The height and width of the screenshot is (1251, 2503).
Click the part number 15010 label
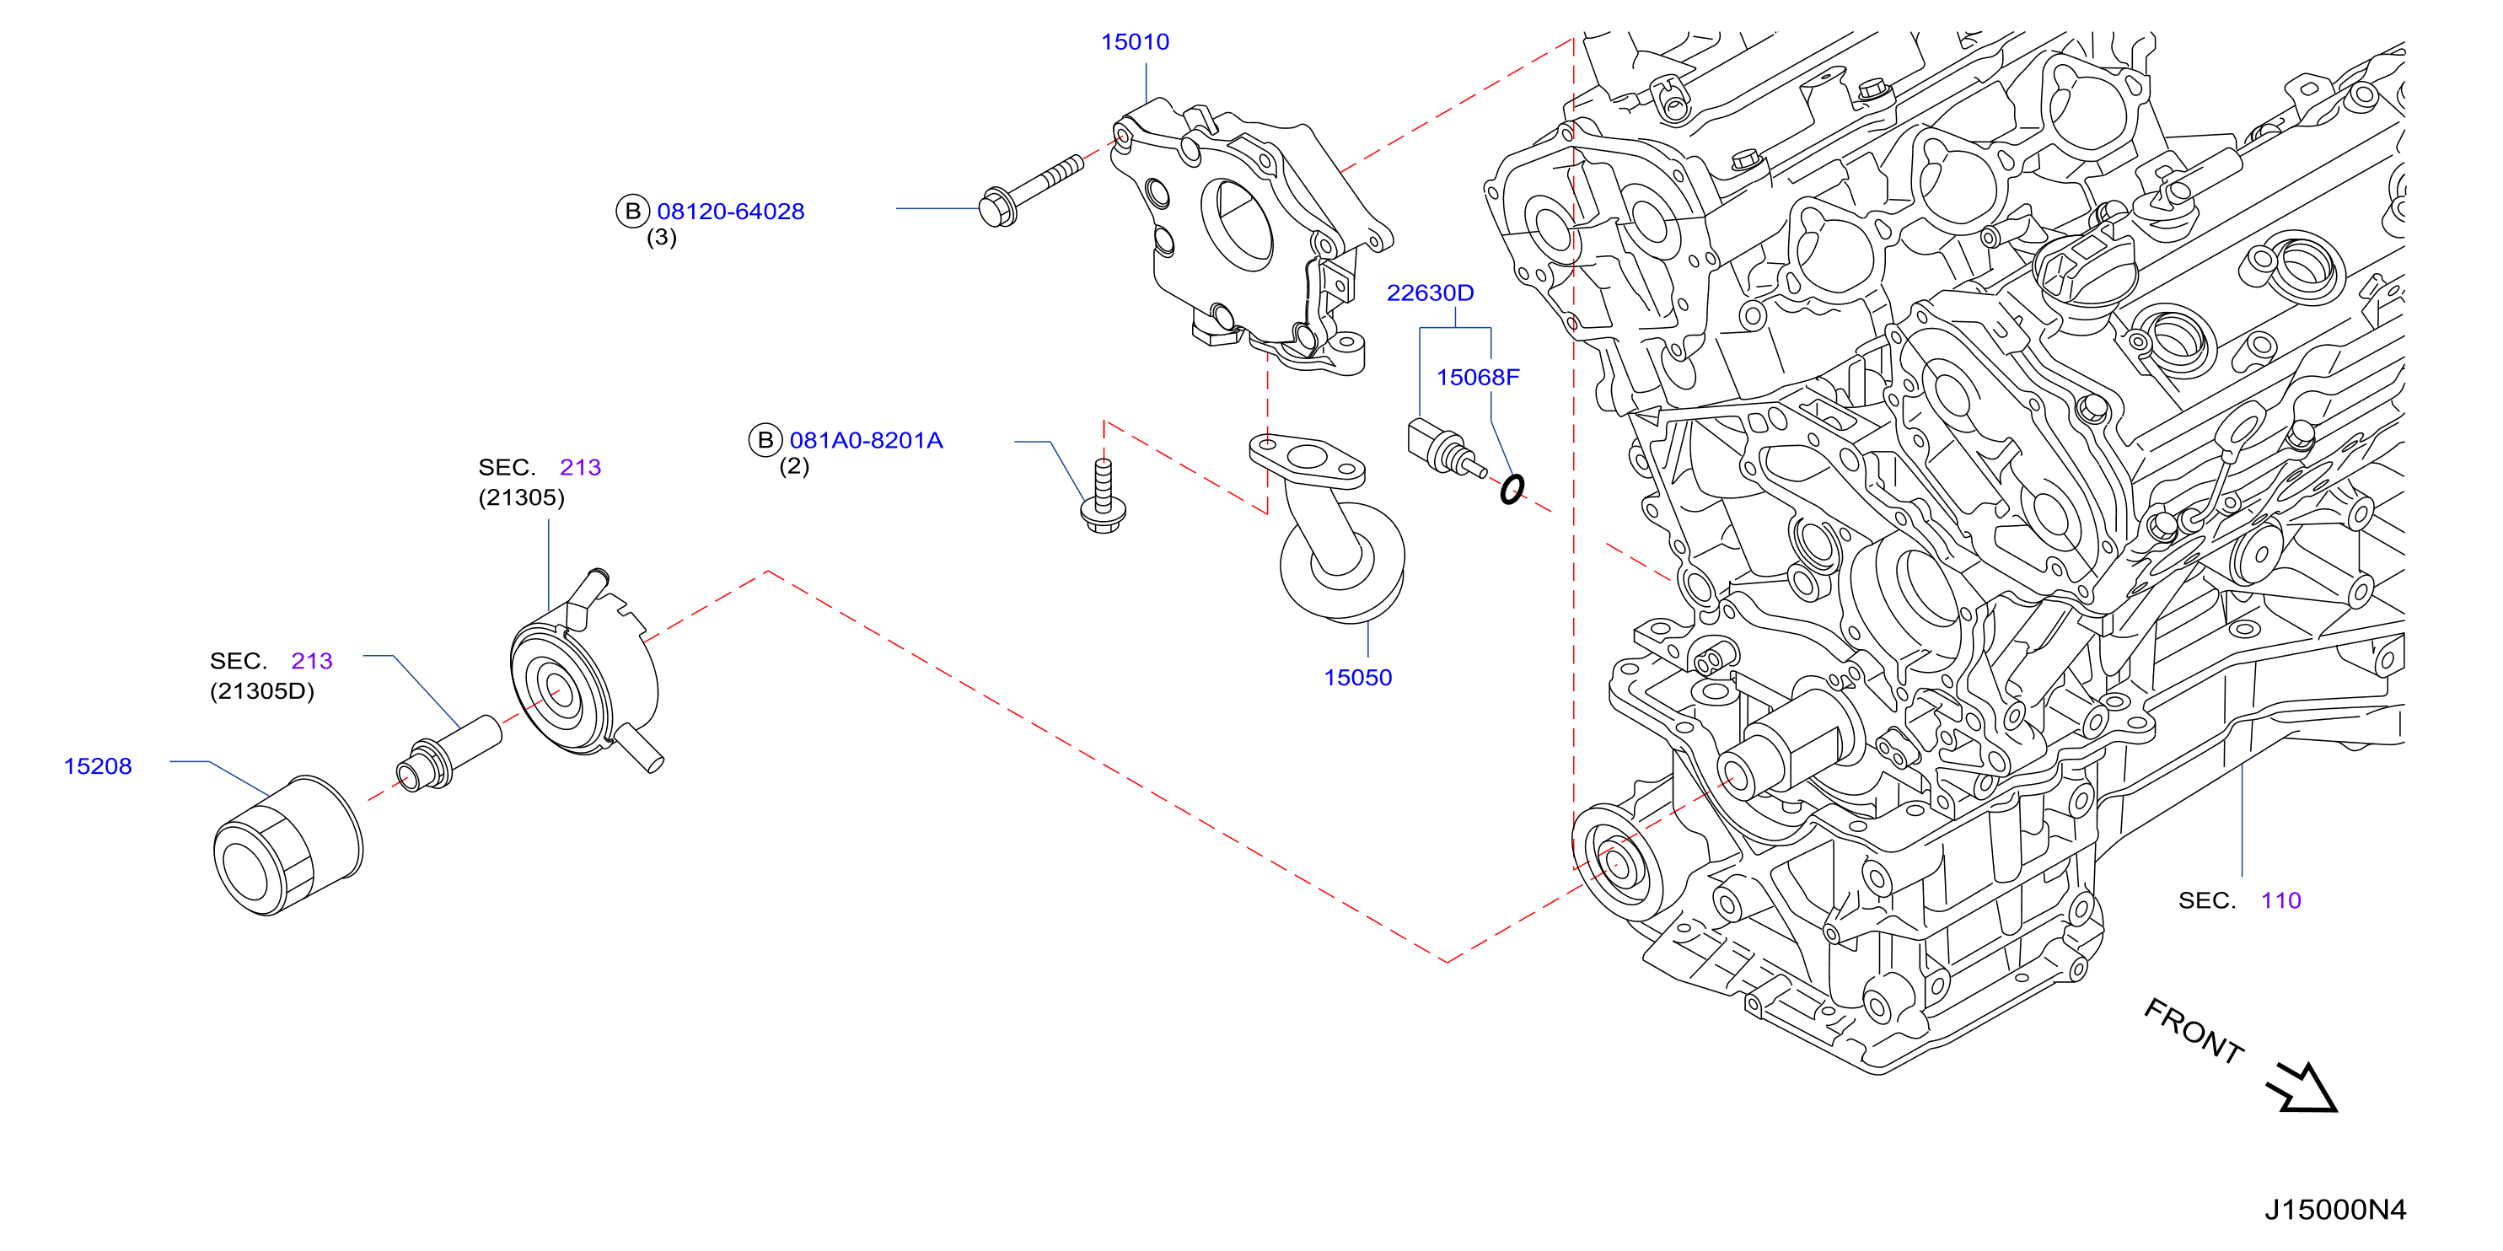pyautogui.click(x=1134, y=42)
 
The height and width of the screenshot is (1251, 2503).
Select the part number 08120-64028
pyautogui.click(x=731, y=211)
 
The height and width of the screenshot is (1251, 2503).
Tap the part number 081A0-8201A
pyautogui.click(x=866, y=440)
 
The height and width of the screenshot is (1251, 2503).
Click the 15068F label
pyautogui.click(x=1477, y=377)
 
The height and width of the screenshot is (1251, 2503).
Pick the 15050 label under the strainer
pyautogui.click(x=1357, y=677)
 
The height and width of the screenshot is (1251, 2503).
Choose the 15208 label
pyautogui.click(x=97, y=765)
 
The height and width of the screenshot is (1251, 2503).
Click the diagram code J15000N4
pyautogui.click(x=2335, y=1209)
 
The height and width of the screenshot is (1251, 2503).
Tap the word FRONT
pyautogui.click(x=2193, y=1032)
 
